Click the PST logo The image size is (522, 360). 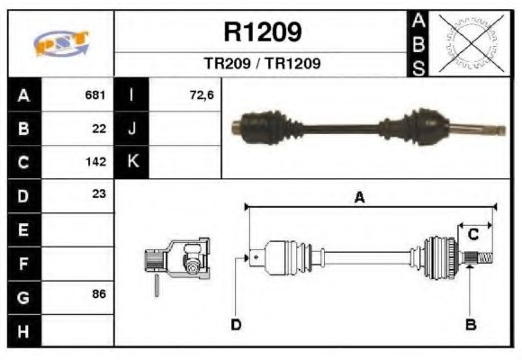[61, 42]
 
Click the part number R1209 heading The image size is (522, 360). [262, 32]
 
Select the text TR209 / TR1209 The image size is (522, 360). [262, 64]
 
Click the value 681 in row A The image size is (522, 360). [95, 94]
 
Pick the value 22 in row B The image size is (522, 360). [99, 128]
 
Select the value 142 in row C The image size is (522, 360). [95, 162]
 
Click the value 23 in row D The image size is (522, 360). [99, 193]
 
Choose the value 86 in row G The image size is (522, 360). [99, 294]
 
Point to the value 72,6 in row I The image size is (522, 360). [202, 94]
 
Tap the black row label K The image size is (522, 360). [132, 162]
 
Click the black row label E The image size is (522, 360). [23, 229]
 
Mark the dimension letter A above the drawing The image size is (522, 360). [359, 199]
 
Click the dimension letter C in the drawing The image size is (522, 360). [472, 234]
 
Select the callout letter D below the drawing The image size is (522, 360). [236, 324]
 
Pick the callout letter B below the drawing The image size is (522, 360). [470, 324]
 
